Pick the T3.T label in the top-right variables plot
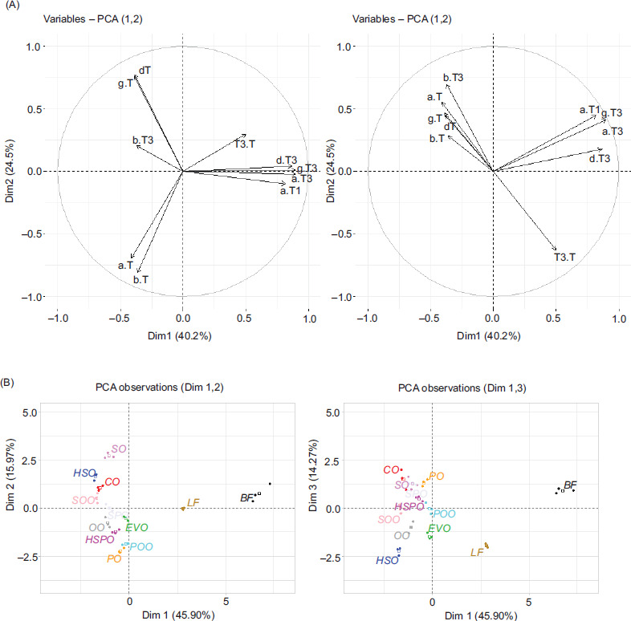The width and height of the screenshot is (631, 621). [565, 258]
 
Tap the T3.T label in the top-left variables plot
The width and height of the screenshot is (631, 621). [245, 144]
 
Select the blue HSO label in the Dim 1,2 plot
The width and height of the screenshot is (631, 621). [83, 474]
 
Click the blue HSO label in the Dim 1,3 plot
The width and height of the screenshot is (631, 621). [388, 560]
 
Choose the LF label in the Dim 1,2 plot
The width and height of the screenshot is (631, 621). [193, 503]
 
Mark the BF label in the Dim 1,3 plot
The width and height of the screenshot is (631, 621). [571, 485]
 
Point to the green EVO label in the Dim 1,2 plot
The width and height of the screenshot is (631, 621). [136, 527]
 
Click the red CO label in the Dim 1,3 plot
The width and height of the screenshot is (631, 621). [392, 470]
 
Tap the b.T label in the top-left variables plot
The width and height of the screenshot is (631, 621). [140, 280]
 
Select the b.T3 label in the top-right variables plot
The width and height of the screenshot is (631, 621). [454, 77]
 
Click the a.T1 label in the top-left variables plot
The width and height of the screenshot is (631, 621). [290, 191]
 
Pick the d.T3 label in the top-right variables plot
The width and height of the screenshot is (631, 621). [600, 159]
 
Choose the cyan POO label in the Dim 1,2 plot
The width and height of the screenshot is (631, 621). [141, 546]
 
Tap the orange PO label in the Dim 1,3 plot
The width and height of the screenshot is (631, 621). [437, 476]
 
